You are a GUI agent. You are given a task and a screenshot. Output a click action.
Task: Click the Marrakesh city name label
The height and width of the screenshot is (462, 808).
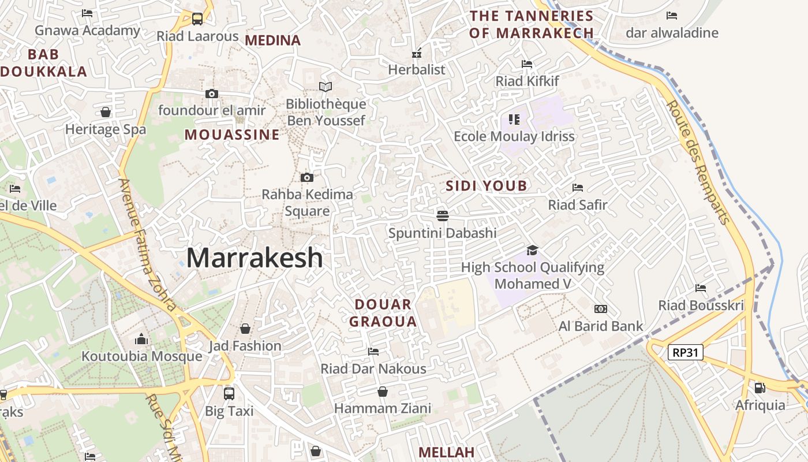coord(255,258)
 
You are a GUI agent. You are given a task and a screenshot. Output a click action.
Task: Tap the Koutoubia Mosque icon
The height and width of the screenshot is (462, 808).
coord(141,339)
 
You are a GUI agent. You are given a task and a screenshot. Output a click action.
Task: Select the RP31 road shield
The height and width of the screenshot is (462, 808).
coord(686,352)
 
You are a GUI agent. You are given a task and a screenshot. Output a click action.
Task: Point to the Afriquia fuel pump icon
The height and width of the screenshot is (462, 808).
coord(760,388)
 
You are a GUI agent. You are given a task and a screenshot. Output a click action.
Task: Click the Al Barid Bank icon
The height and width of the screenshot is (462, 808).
coord(601,309)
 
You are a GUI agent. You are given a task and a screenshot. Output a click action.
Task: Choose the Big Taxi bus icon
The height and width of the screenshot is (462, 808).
coord(229,394)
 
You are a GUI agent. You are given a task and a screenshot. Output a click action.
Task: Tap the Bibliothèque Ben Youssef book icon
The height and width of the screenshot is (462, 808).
coord(326,87)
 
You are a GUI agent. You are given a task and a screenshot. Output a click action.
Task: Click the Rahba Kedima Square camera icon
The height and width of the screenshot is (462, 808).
coord(307,177)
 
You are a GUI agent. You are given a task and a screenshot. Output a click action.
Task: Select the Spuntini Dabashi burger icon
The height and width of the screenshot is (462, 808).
coord(443,216)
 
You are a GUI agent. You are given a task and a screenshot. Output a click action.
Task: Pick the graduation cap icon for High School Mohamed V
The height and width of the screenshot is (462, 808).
coord(532,250)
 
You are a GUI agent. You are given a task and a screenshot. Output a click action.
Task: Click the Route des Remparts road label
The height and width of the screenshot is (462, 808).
coord(698,162)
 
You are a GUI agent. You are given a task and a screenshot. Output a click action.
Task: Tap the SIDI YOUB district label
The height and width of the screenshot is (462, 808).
coord(487,186)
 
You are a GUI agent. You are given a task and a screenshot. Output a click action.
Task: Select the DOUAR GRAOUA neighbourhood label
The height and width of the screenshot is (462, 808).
coord(383,313)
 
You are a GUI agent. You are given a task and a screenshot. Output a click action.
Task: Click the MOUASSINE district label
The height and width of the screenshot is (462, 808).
coord(232,135)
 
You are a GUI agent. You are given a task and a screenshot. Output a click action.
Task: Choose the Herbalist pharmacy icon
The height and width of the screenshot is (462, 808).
coord(417,54)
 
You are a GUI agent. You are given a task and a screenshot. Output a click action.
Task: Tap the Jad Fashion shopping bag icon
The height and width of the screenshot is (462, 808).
coord(245,329)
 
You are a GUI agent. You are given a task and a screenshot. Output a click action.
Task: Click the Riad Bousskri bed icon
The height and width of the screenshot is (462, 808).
coord(701,288)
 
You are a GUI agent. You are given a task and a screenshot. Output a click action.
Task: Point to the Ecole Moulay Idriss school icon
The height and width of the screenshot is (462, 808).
coord(514,120)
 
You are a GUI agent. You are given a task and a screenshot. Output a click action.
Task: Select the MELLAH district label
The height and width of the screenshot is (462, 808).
coord(446,452)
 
